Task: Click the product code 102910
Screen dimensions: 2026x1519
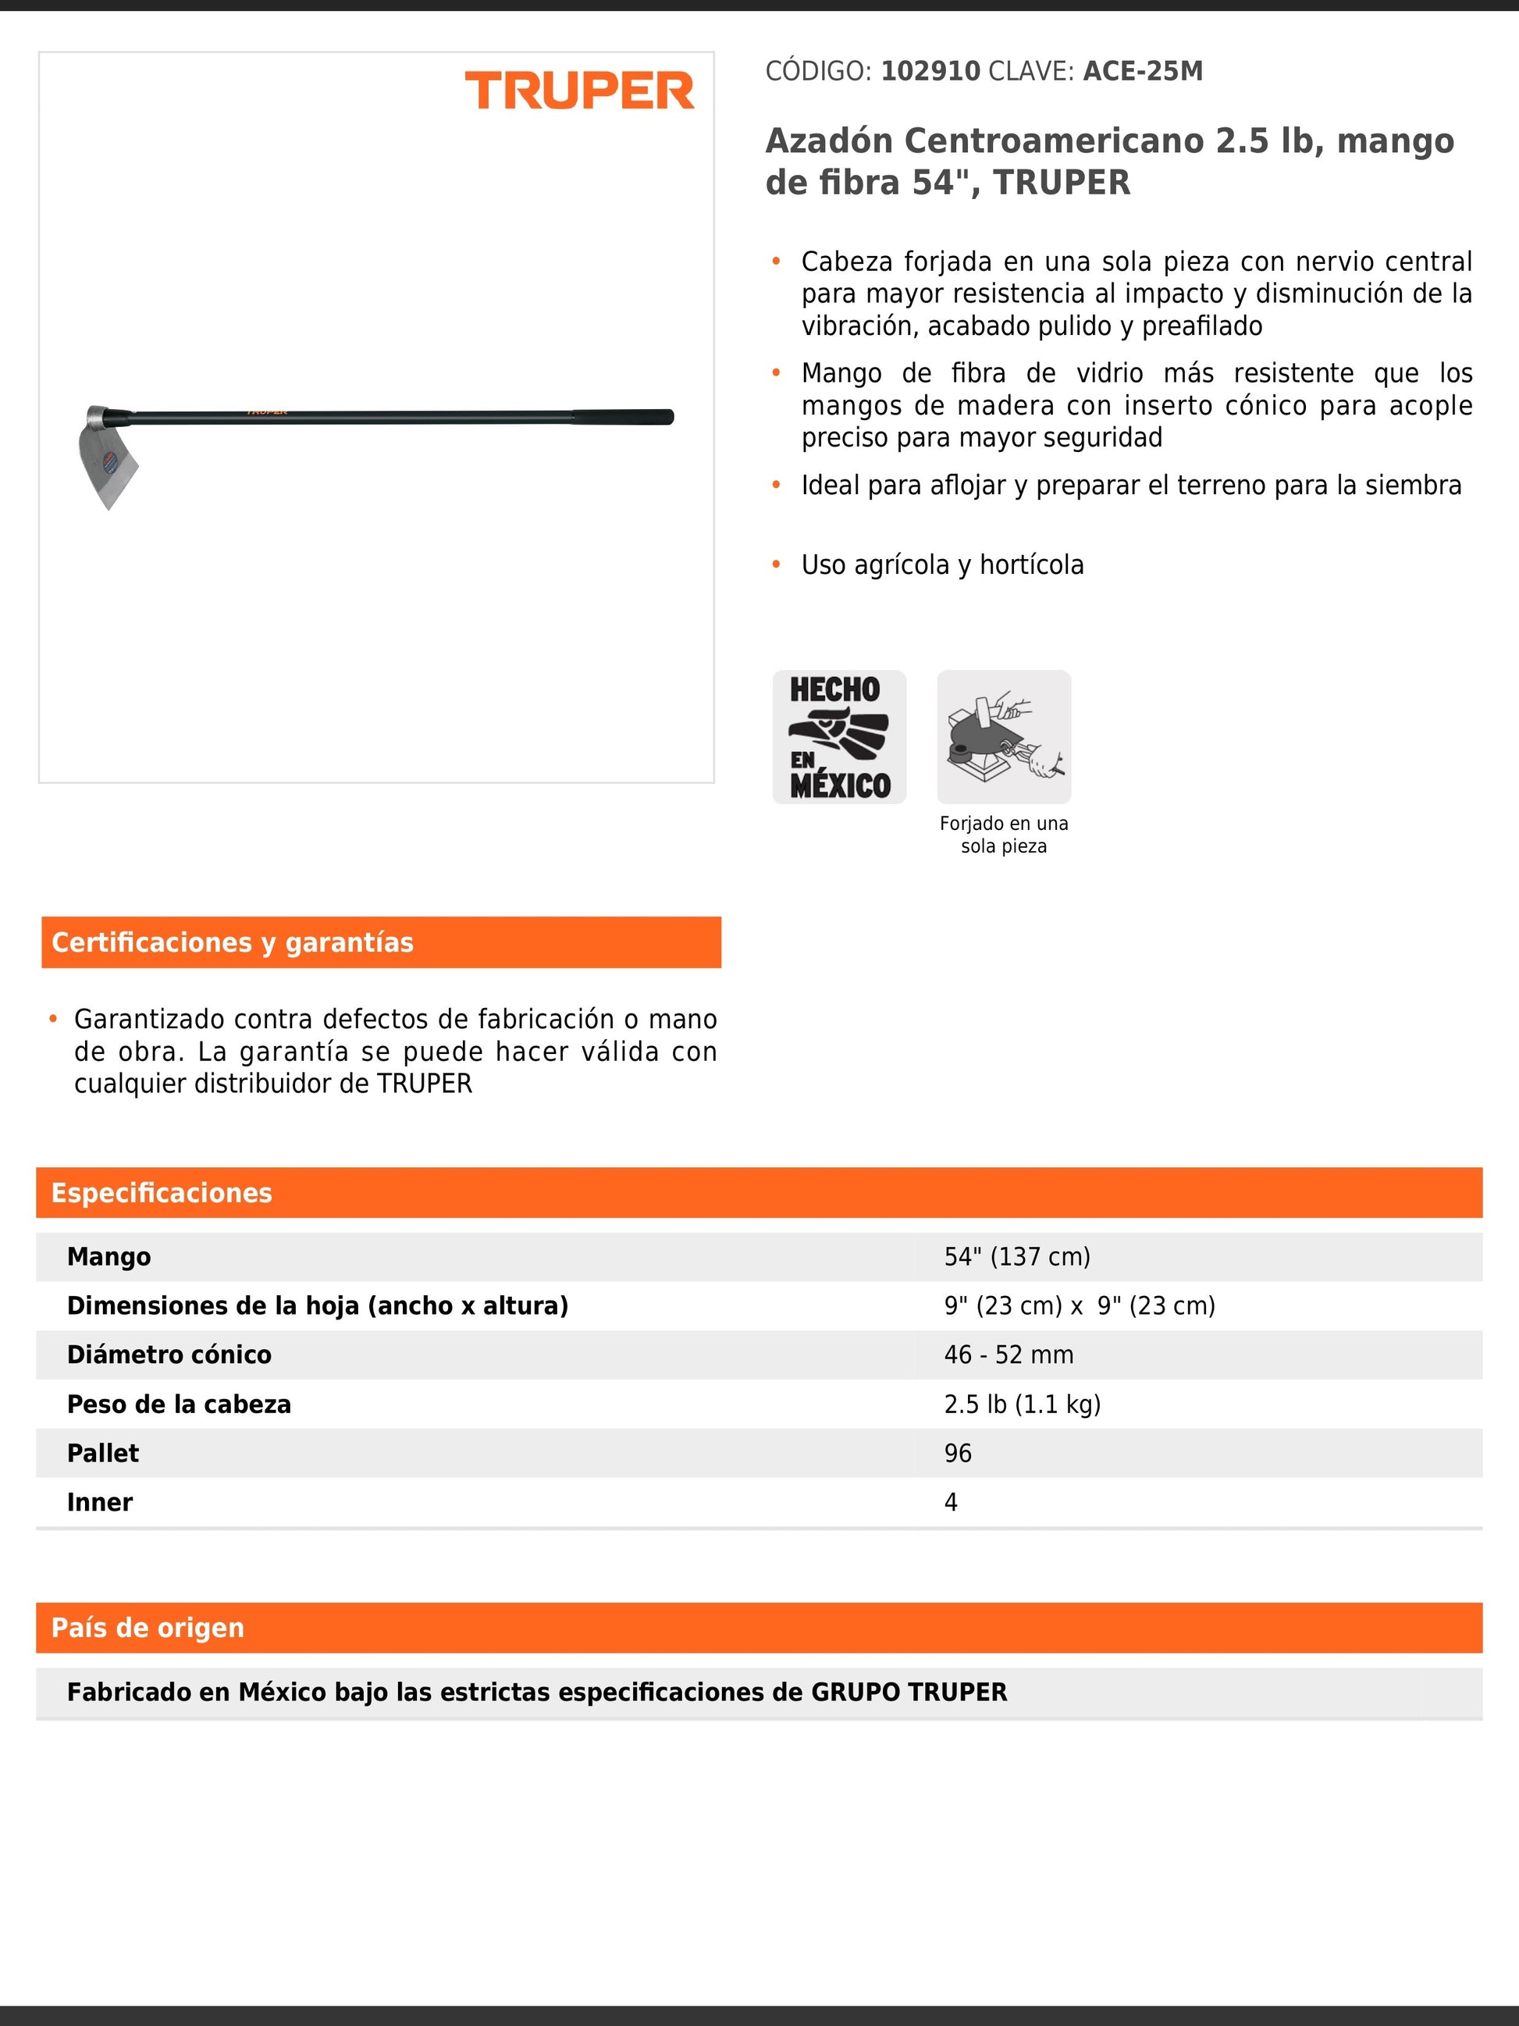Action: [930, 72]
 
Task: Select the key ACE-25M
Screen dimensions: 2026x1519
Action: [1143, 72]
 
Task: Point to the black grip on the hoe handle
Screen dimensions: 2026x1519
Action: [623, 418]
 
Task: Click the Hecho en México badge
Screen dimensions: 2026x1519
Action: [838, 737]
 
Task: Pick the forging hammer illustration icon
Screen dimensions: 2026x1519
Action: [1004, 737]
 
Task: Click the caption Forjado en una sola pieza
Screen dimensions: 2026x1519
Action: [1004, 835]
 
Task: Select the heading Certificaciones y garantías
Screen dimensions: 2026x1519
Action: [233, 942]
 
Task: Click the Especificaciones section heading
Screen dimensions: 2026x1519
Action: [162, 1192]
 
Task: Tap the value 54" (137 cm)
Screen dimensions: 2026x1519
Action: [1016, 1257]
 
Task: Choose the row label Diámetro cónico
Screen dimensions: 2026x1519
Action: [169, 1355]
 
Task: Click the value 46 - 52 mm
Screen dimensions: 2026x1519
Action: [1008, 1355]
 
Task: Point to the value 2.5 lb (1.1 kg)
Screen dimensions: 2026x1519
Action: [1022, 1404]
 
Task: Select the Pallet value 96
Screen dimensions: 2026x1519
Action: [958, 1454]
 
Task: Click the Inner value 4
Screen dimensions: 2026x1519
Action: [951, 1502]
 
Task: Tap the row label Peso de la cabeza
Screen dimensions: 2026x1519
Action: [179, 1404]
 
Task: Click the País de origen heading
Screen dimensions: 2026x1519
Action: [148, 1628]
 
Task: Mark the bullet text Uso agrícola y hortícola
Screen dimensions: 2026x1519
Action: [942, 565]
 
